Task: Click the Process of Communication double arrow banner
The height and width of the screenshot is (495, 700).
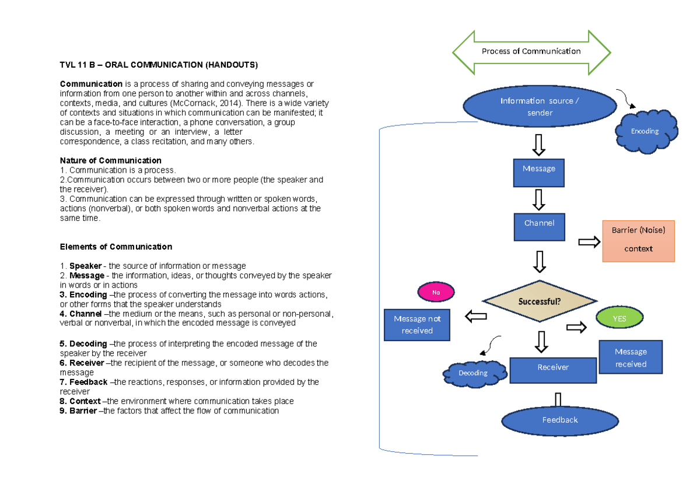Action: (531, 52)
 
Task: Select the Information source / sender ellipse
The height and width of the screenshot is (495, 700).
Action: (540, 107)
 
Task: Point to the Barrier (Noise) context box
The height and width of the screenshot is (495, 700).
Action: (638, 241)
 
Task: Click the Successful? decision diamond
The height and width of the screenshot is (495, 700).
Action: (540, 301)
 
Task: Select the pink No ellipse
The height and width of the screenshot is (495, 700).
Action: (436, 292)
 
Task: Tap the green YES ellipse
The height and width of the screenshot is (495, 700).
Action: (619, 318)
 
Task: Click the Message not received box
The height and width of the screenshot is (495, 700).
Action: (417, 325)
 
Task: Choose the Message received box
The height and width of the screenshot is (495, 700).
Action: (631, 357)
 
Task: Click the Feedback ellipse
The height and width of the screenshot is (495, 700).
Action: (560, 420)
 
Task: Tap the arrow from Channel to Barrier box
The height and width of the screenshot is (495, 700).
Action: (589, 242)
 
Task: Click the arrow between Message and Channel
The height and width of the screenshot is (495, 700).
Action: (539, 199)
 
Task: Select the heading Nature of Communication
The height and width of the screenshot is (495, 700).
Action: (111, 160)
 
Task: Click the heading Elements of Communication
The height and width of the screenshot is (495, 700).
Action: (116, 247)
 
